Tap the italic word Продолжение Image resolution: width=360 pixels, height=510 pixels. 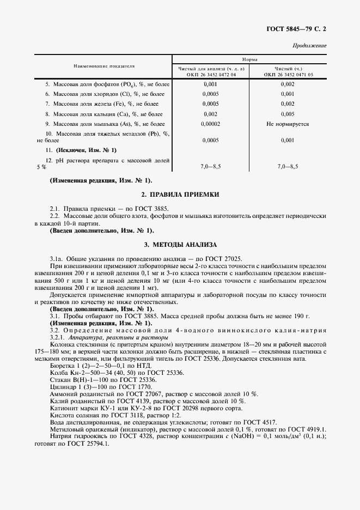(310, 45)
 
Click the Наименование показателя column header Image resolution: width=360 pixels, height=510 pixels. (104, 66)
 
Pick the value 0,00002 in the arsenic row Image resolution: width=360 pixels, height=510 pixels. (211, 124)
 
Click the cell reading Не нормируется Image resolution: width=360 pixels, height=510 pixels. (288, 124)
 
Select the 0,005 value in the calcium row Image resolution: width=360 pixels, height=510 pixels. (288, 114)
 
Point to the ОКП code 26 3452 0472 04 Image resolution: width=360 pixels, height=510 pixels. (211, 74)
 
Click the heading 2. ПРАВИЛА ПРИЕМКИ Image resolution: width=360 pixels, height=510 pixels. (180, 195)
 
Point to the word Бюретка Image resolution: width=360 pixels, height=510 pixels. (63, 366)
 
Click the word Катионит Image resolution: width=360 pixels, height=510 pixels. (64, 408)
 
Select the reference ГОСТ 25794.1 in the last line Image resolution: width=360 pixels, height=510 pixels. (84, 444)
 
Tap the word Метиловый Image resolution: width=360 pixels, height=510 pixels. (66, 429)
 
